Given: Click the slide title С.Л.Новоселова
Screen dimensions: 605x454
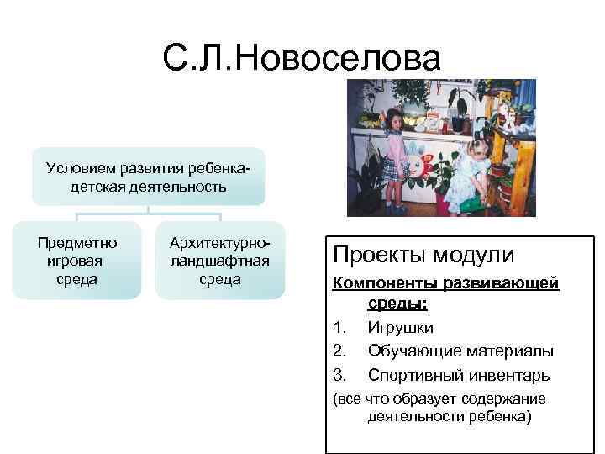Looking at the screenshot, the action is pyautogui.click(x=302, y=60).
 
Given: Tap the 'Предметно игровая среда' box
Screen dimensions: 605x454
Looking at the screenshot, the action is pyautogui.click(x=76, y=261).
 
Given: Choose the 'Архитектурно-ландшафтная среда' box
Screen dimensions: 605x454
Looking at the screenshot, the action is pyautogui.click(x=219, y=261).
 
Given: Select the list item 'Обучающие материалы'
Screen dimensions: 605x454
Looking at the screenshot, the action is pyautogui.click(x=460, y=351).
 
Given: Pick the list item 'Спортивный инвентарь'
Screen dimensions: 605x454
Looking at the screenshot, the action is pyautogui.click(x=459, y=374).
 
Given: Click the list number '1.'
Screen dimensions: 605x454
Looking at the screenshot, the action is pyautogui.click(x=339, y=327).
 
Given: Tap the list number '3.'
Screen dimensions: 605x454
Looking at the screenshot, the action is pyautogui.click(x=339, y=374).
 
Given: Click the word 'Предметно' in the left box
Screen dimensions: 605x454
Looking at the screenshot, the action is pyautogui.click(x=76, y=242).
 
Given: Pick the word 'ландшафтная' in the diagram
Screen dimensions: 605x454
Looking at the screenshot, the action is pyautogui.click(x=219, y=261).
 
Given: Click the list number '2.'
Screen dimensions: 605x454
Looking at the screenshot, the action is pyautogui.click(x=339, y=351).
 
